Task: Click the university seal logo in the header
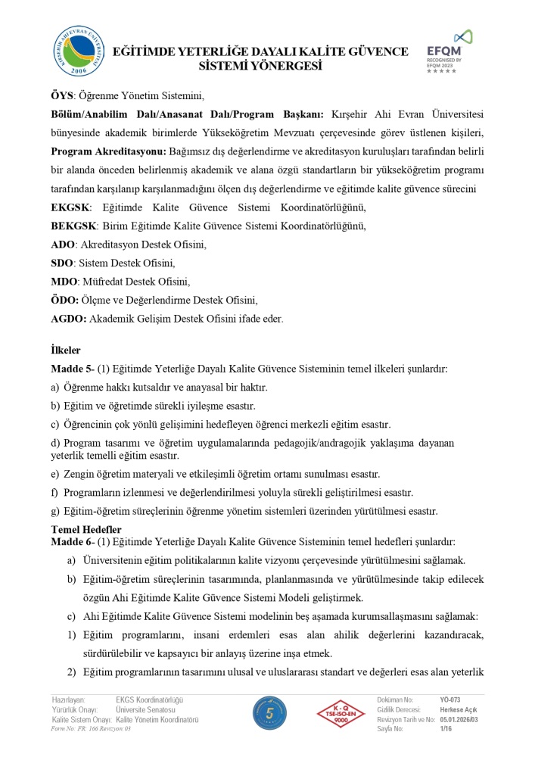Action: pos(79,51)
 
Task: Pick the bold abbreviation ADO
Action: pos(62,245)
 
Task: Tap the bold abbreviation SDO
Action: pos(62,263)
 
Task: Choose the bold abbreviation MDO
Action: pos(63,282)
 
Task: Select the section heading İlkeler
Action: pos(65,350)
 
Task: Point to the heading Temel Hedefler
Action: pos(86,529)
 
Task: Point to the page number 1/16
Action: pos(447,728)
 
